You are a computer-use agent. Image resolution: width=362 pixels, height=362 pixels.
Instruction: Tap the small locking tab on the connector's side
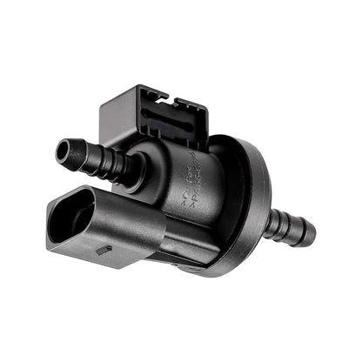point(104,250)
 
